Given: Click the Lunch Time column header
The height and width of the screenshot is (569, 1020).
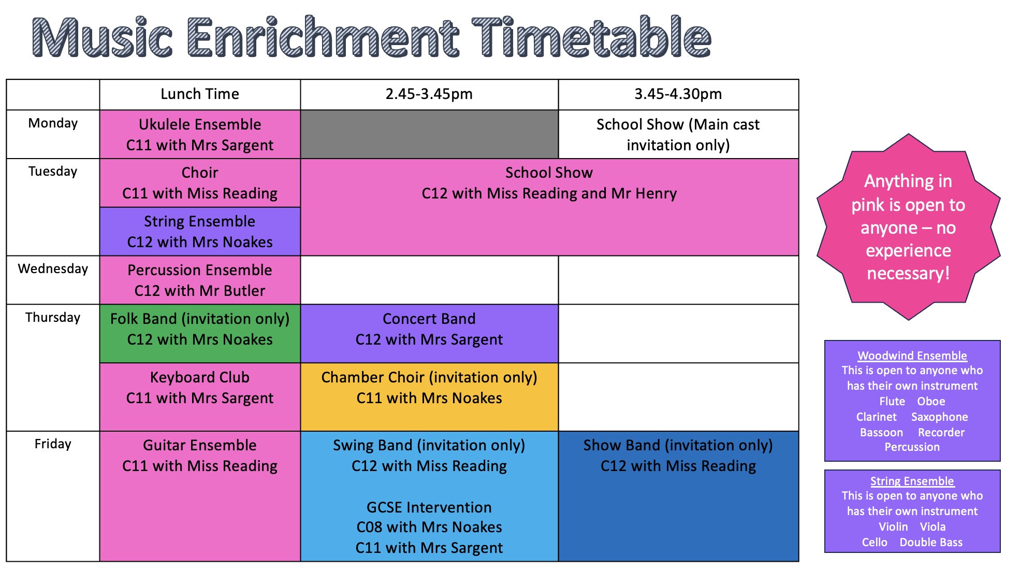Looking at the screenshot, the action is pos(200,94).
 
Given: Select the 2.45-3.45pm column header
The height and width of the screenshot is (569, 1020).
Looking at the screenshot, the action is pos(429,94).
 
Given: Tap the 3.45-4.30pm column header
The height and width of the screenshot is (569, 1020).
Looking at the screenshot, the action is pos(678,94).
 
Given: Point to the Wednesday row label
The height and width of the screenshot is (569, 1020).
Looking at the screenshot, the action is pos(53,269).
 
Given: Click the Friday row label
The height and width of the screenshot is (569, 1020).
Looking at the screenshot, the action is pos(53,444).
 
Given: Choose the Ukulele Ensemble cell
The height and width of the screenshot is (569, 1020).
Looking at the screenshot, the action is pos(200,134).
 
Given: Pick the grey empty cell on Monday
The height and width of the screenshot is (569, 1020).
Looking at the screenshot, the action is pos(429,134).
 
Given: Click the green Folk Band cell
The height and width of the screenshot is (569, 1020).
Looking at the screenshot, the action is pos(200,333).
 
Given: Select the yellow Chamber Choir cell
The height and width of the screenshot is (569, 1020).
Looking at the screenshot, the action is pos(429,397).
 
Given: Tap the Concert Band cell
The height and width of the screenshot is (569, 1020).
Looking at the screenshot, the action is pos(429,333).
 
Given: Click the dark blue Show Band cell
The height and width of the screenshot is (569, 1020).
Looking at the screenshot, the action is pos(678,496).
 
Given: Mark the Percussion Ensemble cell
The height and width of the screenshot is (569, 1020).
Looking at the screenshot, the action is pos(200,280).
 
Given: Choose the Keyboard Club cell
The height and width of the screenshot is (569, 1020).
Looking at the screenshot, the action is pos(200,397).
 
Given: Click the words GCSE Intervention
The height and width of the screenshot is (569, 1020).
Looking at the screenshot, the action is pos(429,507).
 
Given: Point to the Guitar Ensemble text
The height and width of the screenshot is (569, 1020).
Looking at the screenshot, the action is pos(200,445).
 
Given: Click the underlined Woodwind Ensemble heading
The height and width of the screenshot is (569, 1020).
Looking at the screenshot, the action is pos(912,356).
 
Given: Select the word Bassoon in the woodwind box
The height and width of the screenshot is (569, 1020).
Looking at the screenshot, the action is pos(881,433).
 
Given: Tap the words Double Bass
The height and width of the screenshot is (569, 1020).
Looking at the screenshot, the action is pos(931,543).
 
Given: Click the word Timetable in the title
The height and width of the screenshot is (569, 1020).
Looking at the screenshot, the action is pos(591,37).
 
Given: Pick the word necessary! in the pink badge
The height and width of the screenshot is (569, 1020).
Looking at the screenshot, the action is pos(908,274).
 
